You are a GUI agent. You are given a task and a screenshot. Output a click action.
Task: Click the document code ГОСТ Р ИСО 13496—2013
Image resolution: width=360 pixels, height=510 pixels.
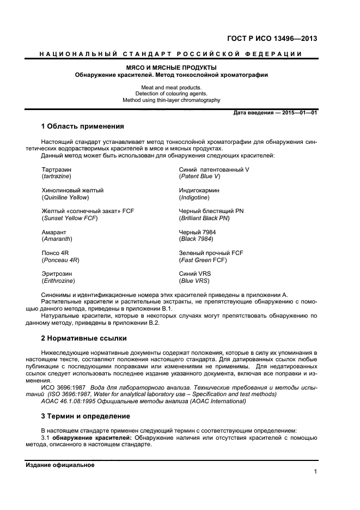pos(272,38)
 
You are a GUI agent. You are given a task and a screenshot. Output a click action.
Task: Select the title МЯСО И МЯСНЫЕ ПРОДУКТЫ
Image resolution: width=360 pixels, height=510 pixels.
pos(172,67)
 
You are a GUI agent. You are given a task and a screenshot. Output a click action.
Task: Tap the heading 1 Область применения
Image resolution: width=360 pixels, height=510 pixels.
pos(82,126)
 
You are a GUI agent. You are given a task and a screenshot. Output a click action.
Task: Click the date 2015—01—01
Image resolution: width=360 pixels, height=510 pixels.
pos(298,113)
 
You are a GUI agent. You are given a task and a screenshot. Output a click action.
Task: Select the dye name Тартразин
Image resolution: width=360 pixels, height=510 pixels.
pos(56,169)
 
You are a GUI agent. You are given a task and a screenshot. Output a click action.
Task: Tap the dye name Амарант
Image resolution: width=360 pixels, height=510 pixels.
pos(54,232)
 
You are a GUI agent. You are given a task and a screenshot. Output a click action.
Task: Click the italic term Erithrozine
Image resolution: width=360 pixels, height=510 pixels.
pos(58,281)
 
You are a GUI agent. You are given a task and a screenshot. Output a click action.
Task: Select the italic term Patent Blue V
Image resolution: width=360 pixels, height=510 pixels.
pos(199,177)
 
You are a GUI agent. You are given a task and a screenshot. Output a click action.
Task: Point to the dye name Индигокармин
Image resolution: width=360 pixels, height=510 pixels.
pos(199,190)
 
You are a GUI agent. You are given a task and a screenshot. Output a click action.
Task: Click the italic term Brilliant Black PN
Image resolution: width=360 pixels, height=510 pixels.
pos(204,218)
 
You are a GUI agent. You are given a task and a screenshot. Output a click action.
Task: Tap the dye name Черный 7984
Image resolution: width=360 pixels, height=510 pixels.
pos(197,232)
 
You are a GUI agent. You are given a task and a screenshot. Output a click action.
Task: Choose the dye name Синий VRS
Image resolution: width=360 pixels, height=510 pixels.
pos(195,274)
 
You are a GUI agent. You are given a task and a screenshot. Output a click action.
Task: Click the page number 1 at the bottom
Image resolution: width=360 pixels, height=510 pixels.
pos(315,472)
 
